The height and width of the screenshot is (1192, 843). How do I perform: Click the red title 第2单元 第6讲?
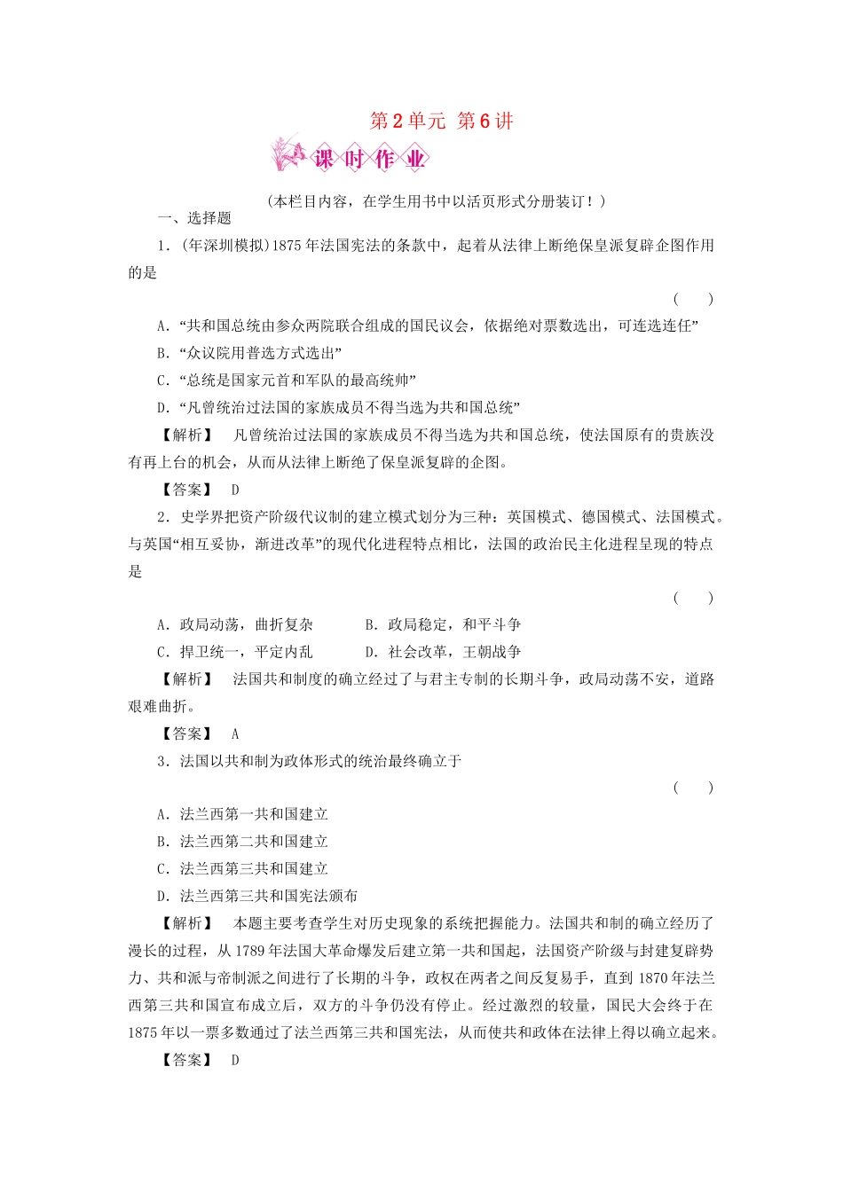point(441,122)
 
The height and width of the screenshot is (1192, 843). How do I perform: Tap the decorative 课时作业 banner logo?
point(350,157)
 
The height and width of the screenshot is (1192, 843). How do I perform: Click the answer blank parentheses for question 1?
point(692,300)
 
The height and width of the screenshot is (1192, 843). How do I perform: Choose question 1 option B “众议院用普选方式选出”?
point(249,353)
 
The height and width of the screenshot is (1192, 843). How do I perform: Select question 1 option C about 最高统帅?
point(287,380)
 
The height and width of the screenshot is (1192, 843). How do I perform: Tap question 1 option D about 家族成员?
point(338,408)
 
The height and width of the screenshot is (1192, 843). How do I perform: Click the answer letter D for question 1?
point(235,490)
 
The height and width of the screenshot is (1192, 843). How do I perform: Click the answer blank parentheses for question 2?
point(692,598)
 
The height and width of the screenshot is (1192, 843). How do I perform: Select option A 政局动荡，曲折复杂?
point(235,625)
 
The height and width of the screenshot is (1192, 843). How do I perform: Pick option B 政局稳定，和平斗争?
point(443,625)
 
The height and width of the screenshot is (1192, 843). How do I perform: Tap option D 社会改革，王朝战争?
point(443,652)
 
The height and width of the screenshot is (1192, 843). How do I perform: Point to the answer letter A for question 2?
point(235,734)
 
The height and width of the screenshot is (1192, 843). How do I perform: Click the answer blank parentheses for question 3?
point(692,788)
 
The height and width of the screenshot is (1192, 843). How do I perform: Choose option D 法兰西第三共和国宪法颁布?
point(257,896)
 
